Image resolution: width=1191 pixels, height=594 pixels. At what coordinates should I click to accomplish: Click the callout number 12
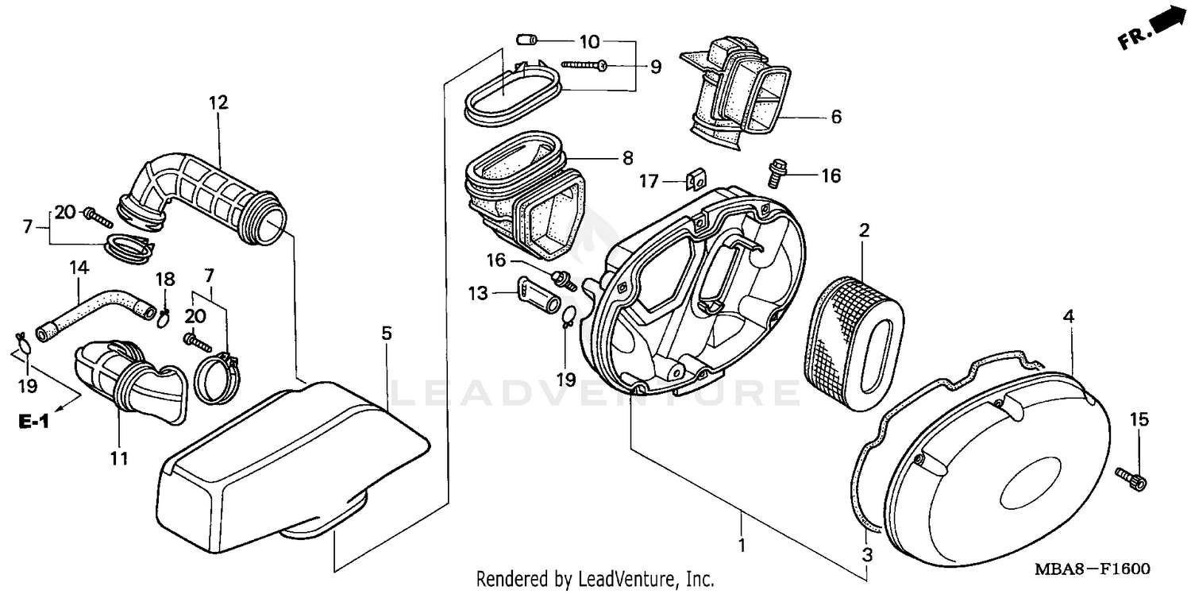coord(218,102)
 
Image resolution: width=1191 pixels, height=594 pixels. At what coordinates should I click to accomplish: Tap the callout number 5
coord(386,334)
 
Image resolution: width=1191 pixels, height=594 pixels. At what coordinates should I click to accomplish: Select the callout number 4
coord(1069,316)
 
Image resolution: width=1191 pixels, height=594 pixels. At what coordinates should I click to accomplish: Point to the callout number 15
coord(1139,421)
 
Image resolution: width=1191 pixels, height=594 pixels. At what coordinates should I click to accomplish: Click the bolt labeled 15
coord(1131,476)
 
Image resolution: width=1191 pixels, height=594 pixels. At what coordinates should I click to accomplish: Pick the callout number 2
coord(864,231)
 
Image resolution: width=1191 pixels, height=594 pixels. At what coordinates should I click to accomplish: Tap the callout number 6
coord(835,118)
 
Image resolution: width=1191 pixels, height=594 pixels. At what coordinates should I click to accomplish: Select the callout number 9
coord(656,67)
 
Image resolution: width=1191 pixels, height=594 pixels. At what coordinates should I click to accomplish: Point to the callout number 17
coord(649,182)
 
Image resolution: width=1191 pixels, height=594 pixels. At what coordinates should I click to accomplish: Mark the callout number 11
coord(119,458)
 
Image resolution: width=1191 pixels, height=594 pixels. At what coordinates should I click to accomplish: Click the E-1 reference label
coord(34,422)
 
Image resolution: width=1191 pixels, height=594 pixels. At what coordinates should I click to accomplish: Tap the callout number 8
coord(627,158)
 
